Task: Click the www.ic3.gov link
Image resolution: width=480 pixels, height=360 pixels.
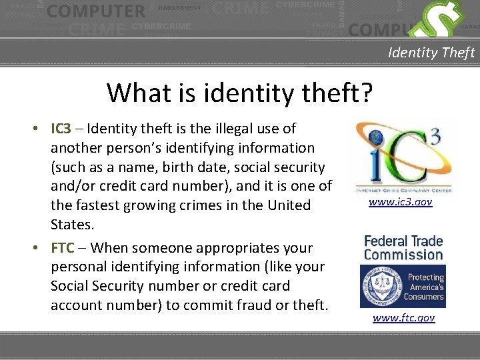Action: [x=401, y=201]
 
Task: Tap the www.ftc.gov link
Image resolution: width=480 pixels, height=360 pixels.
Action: [x=403, y=318]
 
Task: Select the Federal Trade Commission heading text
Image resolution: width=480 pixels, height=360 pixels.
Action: [x=403, y=247]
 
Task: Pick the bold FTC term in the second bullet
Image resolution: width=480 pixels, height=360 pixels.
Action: [x=63, y=248]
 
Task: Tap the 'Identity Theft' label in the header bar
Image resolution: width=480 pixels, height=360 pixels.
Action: [x=431, y=52]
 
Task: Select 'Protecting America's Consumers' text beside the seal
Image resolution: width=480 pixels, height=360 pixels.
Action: [x=425, y=287]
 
